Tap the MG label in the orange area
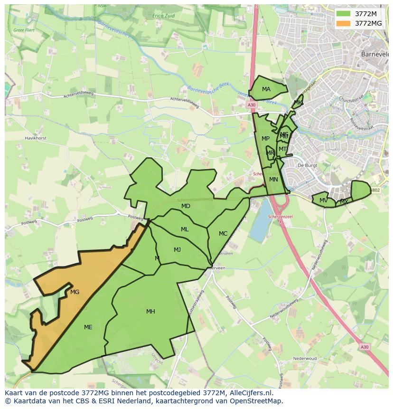click(x=75, y=292)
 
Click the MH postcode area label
click(x=150, y=312)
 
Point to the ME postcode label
click(x=88, y=327)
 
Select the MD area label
click(x=186, y=206)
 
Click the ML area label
click(x=185, y=229)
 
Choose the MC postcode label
click(x=223, y=234)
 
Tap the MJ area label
click(x=177, y=250)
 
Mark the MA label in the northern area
click(x=266, y=89)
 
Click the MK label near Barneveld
click(x=298, y=103)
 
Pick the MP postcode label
click(x=265, y=139)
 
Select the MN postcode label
click(x=273, y=180)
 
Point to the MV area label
click(x=323, y=200)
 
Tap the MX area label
click(x=344, y=202)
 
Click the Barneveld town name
click(x=374, y=54)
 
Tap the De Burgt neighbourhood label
click(x=307, y=165)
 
